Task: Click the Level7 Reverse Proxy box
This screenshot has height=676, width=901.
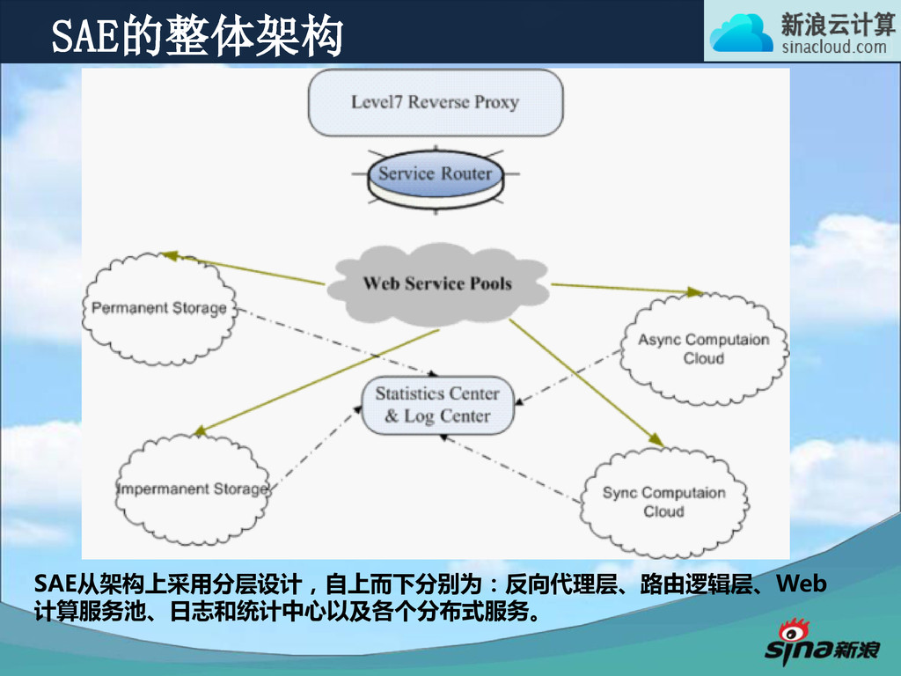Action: tap(435, 102)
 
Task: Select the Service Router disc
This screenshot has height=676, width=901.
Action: tap(435, 175)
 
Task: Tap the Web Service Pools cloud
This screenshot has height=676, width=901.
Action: tap(437, 283)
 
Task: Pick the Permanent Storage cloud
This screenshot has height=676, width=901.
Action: tap(159, 308)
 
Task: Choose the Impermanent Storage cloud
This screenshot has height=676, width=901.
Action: tap(192, 489)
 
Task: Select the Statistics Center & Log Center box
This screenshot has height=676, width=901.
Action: tap(437, 405)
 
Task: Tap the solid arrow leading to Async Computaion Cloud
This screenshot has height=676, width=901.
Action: tap(625, 288)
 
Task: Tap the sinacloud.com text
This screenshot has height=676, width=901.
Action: tap(834, 47)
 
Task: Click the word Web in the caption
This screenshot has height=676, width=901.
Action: tap(802, 584)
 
